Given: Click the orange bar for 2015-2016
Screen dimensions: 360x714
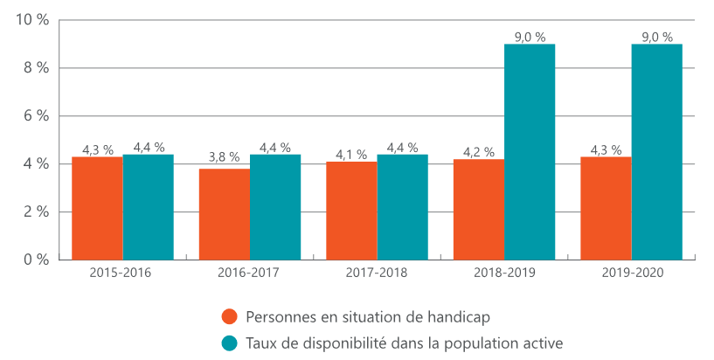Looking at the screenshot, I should click(97, 208).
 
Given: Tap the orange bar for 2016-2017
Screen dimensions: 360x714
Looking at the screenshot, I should click(225, 214).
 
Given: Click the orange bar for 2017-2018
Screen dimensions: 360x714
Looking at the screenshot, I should click(351, 211).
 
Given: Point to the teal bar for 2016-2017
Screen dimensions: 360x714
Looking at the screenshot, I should click(275, 207).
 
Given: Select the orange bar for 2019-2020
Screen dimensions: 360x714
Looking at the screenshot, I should click(606, 208).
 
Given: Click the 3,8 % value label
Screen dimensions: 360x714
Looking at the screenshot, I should click(224, 157).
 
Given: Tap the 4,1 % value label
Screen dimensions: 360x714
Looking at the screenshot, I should click(351, 155).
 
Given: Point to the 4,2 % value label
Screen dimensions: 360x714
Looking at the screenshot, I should click(479, 152).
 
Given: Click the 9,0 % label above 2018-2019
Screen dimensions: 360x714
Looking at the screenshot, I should click(530, 37).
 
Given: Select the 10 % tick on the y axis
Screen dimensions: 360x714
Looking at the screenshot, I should click(31, 20).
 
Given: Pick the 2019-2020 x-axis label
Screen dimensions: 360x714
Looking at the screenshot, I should click(632, 273).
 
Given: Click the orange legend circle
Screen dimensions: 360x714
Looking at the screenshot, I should click(230, 316).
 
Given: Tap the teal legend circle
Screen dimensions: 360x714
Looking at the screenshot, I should click(230, 343).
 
